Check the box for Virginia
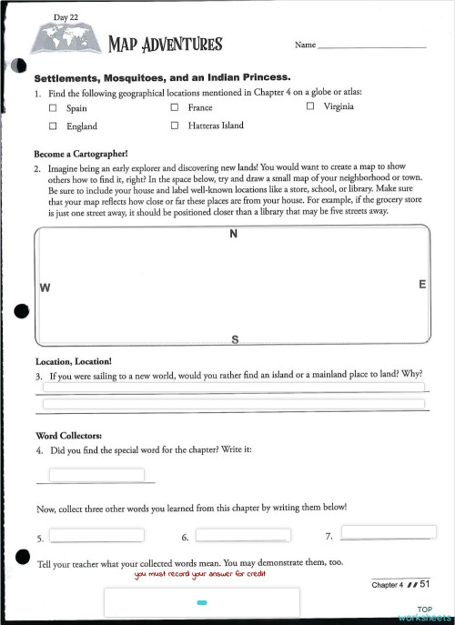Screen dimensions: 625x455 coord(310,106)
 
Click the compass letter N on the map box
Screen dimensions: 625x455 coord(234,235)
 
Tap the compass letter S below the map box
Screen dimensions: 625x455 coord(235,339)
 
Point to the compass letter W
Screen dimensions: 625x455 coord(44,288)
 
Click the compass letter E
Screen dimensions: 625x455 coord(422,285)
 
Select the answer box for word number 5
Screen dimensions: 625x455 coord(96,535)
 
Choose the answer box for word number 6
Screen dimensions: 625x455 coord(242,535)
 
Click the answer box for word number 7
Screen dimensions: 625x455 coord(381,531)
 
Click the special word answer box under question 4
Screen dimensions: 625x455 coord(96,475)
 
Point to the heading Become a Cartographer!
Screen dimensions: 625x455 coord(81,154)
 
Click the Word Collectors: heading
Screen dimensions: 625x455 coord(72,435)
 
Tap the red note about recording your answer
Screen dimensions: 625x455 coord(201,574)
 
